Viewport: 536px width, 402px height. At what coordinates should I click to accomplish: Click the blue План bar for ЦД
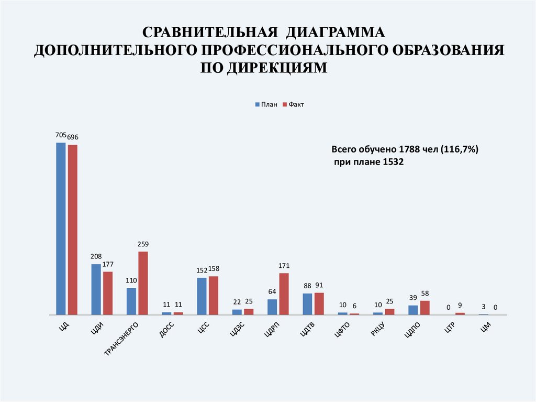61,229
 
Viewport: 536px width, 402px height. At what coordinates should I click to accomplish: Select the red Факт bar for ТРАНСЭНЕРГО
143,283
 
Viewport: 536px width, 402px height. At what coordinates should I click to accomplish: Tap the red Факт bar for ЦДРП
284,294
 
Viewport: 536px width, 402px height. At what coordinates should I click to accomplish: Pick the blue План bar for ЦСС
202,296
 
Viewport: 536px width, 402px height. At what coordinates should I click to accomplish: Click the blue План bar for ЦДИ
96,289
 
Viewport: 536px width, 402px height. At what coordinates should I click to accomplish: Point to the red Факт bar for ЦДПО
425,308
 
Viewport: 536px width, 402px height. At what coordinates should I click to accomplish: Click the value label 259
143,244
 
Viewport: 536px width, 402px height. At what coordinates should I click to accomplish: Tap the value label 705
61,135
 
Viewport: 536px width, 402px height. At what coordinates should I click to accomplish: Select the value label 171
284,266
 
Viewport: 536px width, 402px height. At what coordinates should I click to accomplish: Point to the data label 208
96,256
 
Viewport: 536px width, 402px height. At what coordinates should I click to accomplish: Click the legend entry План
265,105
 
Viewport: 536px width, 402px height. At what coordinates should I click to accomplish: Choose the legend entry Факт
293,105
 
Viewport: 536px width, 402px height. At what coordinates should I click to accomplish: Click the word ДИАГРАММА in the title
335,33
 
